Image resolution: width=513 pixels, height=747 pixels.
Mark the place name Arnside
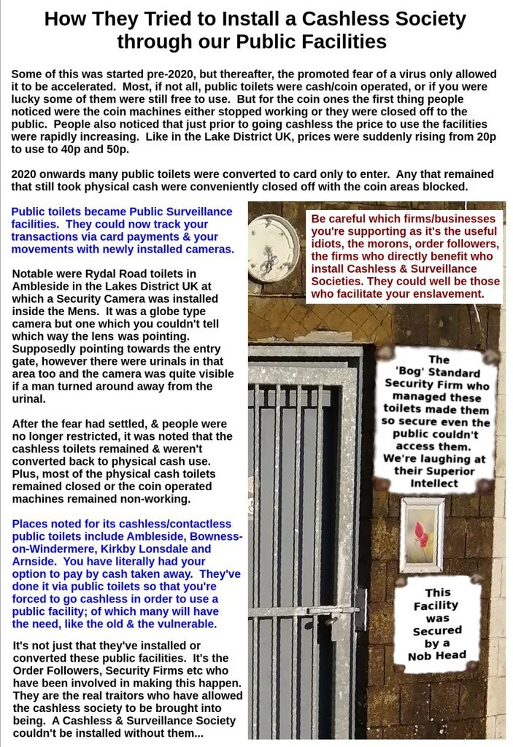tap(36, 562)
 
